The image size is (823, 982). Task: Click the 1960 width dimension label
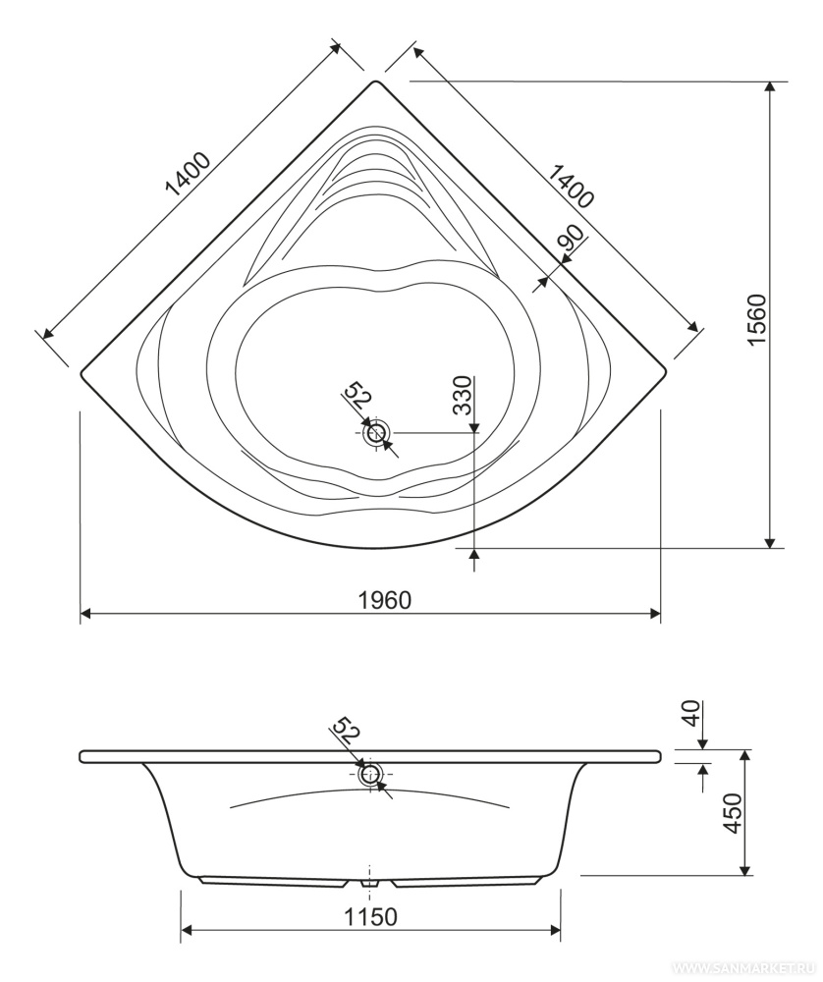[x=385, y=600]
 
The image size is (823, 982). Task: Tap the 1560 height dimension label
[x=758, y=319]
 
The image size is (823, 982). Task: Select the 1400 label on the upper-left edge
[x=188, y=174]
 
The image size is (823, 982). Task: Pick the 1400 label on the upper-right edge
[x=570, y=185]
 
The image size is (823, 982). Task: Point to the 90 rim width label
[x=571, y=239]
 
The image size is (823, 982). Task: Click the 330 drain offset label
[x=463, y=396]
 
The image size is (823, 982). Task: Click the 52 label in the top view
[x=358, y=395]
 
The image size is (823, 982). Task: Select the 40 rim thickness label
[x=691, y=713]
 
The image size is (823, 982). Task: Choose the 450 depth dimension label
[x=733, y=813]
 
